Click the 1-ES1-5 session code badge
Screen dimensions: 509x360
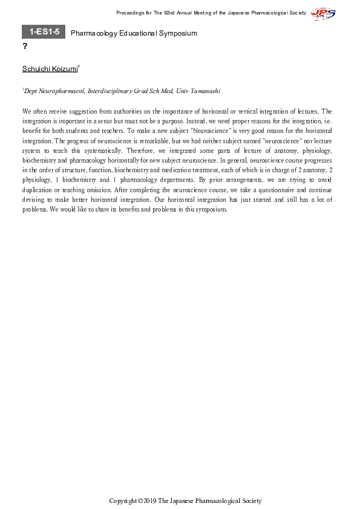[x=43, y=32]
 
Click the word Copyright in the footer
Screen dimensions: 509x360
[x=122, y=501]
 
